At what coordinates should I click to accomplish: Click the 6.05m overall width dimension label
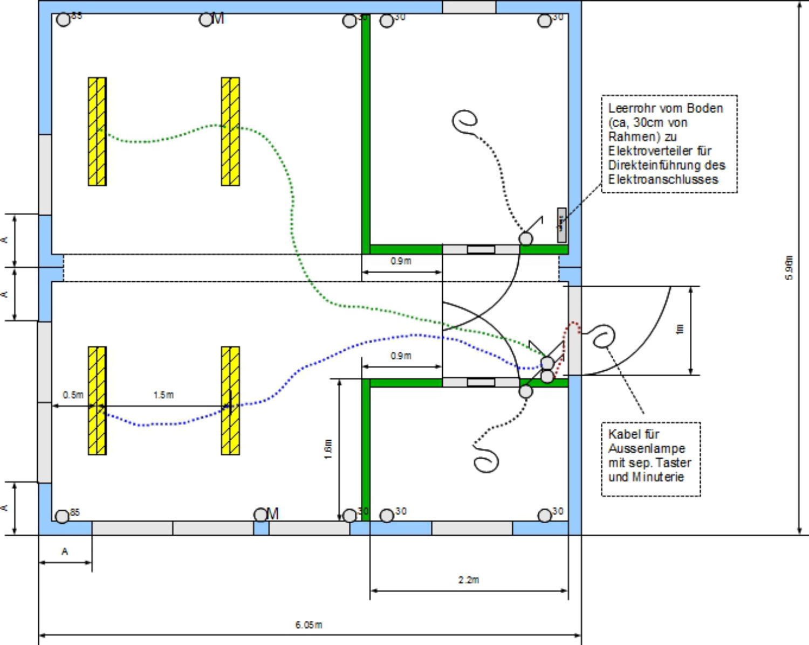pos(308,625)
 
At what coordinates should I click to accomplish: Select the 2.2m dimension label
pos(469,580)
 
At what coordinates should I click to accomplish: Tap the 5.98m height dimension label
pos(789,268)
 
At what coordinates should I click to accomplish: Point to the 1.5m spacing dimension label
pos(163,395)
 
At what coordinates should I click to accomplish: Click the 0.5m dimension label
pos(73,395)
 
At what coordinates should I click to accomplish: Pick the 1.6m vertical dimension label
pos(328,449)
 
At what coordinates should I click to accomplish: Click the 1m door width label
pos(680,329)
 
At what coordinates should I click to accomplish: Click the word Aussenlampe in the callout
pos(647,448)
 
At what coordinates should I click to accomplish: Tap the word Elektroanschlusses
pos(663,179)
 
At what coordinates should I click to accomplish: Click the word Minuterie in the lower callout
pos(658,477)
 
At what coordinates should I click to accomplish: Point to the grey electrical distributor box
pos(561,225)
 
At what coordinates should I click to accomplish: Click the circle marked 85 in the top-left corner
pos(64,20)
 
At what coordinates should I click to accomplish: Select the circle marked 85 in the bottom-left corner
pos(63,516)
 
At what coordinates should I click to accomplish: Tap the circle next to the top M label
pos(206,20)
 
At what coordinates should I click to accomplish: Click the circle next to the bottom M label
pos(260,515)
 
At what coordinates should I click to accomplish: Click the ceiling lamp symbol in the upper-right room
pos(465,121)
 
